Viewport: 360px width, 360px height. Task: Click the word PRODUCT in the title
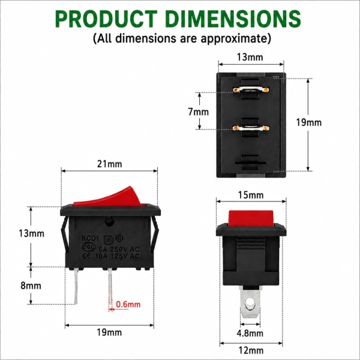[x=106, y=19]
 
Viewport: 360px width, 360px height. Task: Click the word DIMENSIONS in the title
[x=233, y=19]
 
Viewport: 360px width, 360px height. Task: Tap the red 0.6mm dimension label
[x=128, y=304]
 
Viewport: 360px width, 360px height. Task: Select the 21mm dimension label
[x=110, y=164]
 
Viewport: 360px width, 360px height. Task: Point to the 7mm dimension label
[x=199, y=112]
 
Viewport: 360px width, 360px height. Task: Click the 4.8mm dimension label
[x=250, y=334]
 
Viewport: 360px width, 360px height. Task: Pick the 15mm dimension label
[x=251, y=195]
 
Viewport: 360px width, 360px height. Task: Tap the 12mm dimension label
[x=251, y=350]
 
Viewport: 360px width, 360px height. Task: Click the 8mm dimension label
[x=31, y=286]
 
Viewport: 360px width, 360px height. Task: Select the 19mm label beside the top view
[x=308, y=122]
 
